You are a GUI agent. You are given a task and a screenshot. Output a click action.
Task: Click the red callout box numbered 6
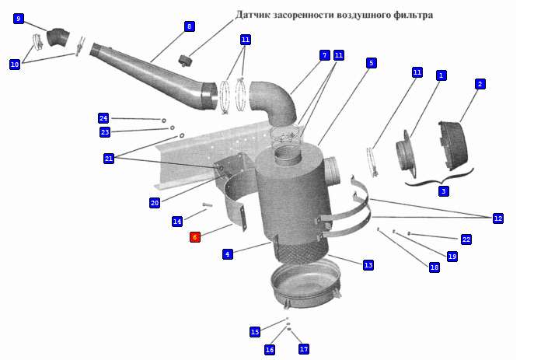coord(195,237)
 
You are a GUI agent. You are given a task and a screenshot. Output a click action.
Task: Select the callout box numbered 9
coord(19,19)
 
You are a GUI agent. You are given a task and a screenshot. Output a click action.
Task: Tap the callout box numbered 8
coord(190,26)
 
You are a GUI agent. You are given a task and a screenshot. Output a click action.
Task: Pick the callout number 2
coord(480,84)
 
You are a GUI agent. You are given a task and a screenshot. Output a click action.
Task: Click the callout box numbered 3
coord(443,191)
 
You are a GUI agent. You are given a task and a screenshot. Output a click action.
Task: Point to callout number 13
coord(368,265)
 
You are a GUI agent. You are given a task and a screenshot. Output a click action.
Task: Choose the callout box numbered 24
coord(103,118)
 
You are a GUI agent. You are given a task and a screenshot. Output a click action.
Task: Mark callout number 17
coord(304,349)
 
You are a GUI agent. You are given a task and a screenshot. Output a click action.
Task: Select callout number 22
coord(466,239)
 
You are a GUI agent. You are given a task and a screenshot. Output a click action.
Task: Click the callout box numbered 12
coord(498,218)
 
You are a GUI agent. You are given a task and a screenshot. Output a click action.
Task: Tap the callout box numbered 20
coord(155,203)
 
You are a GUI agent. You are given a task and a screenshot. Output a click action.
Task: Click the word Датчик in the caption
coord(253,15)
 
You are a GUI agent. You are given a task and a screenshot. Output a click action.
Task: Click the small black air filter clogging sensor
coord(186,61)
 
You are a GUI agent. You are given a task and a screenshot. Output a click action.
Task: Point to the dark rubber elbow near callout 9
coord(58,37)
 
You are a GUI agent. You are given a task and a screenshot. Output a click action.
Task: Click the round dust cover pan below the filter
coord(305,282)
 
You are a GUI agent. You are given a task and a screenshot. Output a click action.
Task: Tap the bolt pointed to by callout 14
coord(207,204)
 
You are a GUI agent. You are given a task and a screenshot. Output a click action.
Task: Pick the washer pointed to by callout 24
coord(164,121)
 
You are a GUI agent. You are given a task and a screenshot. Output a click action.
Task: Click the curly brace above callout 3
coord(439,177)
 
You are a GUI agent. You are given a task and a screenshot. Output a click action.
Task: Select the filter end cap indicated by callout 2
coord(453,145)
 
